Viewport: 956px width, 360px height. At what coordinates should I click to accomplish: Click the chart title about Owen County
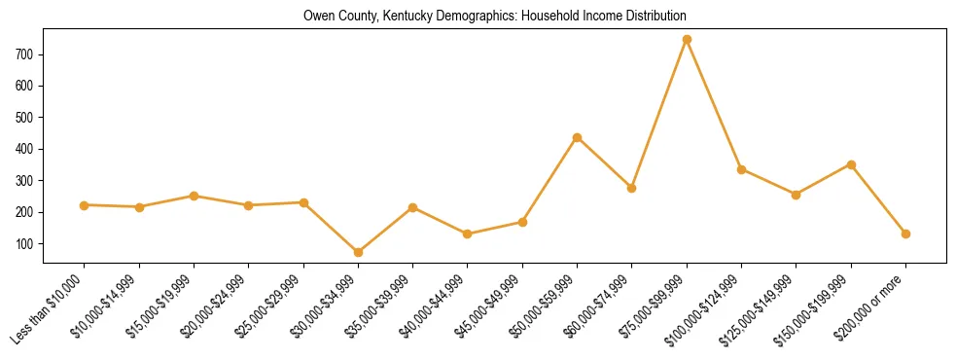click(495, 16)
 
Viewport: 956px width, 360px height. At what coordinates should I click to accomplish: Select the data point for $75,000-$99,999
click(687, 39)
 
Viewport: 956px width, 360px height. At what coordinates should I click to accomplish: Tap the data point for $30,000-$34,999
click(358, 252)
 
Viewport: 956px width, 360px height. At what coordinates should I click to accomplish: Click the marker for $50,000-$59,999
click(577, 137)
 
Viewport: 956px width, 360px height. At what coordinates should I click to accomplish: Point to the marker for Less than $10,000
click(85, 205)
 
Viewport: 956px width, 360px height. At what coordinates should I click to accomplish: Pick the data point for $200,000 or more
click(905, 234)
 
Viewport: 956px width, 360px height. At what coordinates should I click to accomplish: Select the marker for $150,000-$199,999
click(851, 164)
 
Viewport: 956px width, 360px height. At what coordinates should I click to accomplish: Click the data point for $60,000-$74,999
click(631, 188)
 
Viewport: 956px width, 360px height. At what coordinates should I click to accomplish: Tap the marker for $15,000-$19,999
click(194, 196)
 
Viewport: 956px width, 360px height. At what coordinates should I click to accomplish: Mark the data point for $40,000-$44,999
click(468, 234)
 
